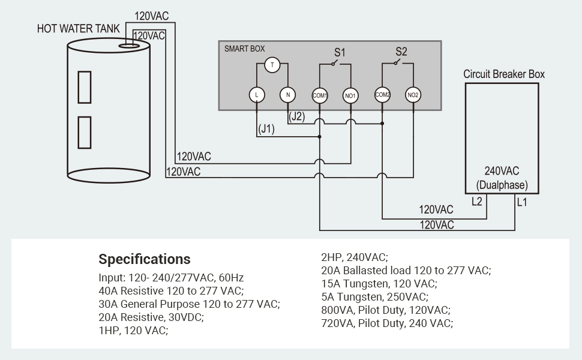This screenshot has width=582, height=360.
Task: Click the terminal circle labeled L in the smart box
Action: pyautogui.click(x=257, y=95)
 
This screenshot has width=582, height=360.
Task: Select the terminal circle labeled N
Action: pyautogui.click(x=288, y=95)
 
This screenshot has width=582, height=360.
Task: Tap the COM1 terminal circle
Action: pyautogui.click(x=320, y=95)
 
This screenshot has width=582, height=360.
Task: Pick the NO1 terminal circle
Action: pyautogui.click(x=351, y=95)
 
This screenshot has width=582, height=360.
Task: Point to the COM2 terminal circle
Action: pyautogui.click(x=383, y=95)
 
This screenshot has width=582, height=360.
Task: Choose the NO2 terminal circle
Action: pyautogui.click(x=413, y=95)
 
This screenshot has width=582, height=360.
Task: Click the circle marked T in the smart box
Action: pyautogui.click(x=272, y=65)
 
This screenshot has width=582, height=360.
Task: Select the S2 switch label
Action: pyautogui.click(x=401, y=52)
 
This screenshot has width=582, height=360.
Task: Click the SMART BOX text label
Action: pyautogui.click(x=244, y=49)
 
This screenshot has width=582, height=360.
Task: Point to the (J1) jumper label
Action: pyautogui.click(x=266, y=128)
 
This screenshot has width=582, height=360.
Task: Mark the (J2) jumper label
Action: pyautogui.click(x=296, y=117)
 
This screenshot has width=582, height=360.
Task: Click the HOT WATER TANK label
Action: pyautogui.click(x=78, y=29)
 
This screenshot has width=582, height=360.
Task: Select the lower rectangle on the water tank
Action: pyautogui.click(x=85, y=133)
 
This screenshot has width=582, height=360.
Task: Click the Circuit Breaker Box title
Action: pyautogui.click(x=504, y=74)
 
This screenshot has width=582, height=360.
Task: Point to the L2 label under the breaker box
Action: pyautogui.click(x=477, y=202)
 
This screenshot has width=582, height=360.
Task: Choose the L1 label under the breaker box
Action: pyautogui.click(x=522, y=202)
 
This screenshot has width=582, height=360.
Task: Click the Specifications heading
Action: pyautogui.click(x=145, y=259)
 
